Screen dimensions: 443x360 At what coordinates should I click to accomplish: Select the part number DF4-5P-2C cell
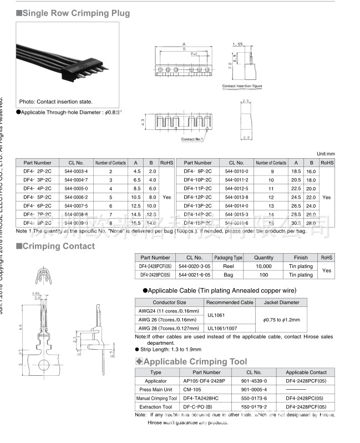click(37, 197)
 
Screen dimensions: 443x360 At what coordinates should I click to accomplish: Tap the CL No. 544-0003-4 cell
click(76, 172)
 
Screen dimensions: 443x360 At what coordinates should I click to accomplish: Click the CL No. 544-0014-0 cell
click(237, 205)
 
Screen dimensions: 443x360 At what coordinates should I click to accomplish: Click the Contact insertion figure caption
click(242, 86)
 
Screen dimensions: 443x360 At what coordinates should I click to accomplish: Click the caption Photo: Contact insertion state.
click(55, 102)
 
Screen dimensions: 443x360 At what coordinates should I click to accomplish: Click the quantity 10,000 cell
click(263, 266)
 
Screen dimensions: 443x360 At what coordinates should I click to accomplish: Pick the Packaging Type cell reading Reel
click(229, 266)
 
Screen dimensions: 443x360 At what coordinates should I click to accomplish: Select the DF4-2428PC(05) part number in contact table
click(155, 275)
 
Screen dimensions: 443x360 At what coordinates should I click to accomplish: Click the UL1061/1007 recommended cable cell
click(230, 328)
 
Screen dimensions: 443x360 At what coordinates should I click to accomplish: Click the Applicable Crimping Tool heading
click(195, 362)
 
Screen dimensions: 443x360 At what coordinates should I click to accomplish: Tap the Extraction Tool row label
click(156, 407)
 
